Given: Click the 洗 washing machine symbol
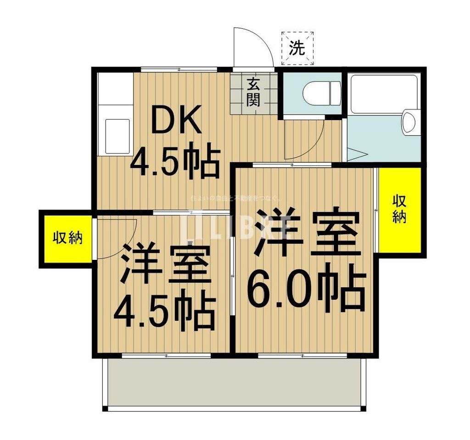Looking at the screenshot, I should [297, 48].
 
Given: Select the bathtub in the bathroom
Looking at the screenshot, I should [383, 94].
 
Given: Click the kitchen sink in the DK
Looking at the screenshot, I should [117, 136].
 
